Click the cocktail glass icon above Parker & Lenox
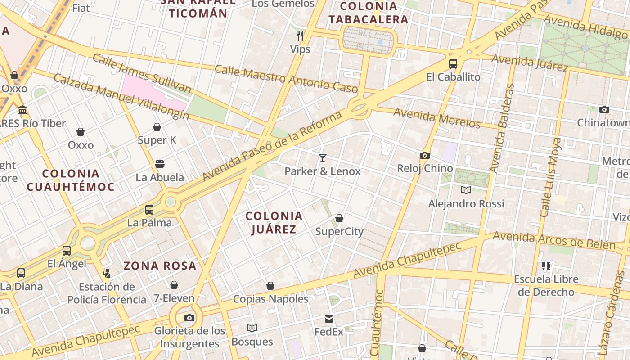323,157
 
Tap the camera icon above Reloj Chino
424,155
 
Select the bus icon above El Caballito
453,63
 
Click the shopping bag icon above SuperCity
339,218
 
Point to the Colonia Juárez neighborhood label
274,223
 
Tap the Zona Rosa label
160,265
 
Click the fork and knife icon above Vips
300,36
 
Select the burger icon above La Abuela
160,164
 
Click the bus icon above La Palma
149,209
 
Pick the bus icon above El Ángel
67,250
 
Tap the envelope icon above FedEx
329,319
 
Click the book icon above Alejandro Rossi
466,190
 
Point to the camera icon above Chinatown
604,109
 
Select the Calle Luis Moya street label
551,177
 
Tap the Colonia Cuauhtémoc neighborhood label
71,180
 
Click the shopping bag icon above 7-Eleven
174,285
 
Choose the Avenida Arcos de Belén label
554,241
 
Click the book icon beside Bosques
252,328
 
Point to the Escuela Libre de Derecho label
546,285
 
